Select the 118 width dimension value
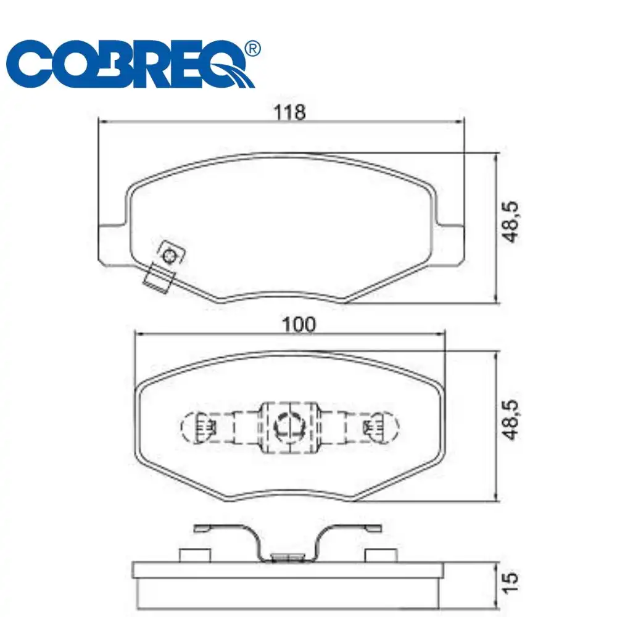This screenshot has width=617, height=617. (x=289, y=112)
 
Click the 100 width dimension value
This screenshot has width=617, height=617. (x=299, y=325)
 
